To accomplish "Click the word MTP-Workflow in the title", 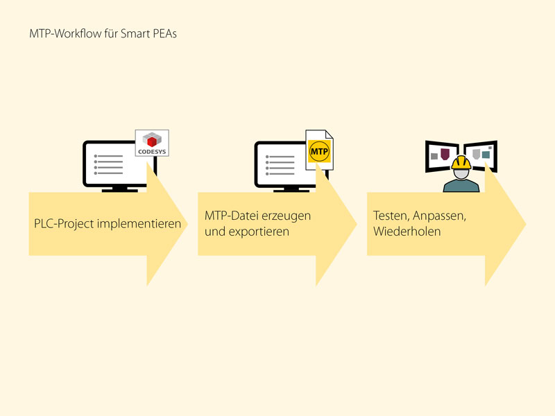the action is click(65, 33).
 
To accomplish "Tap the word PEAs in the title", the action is click(164, 33).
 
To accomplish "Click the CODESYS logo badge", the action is click(152, 143).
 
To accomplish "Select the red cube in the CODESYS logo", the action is click(152, 142).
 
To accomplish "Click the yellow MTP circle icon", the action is click(319, 151).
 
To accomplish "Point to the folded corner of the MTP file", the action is click(329, 134).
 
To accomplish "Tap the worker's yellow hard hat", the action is click(461, 163).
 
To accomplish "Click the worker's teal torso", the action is click(461, 186).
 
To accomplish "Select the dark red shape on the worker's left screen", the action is click(445, 154).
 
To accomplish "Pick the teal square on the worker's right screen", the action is click(486, 155).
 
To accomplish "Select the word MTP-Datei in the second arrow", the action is click(232, 216).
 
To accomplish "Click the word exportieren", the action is click(259, 232).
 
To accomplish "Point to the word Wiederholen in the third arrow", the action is click(407, 232).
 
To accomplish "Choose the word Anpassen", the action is click(439, 216).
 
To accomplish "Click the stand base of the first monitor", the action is click(119, 191).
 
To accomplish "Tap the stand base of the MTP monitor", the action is click(291, 191).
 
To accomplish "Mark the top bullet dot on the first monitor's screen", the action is click(96, 156).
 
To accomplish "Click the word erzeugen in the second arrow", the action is click(287, 216).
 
